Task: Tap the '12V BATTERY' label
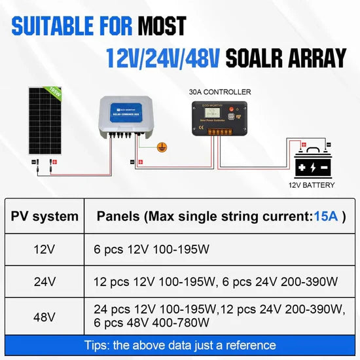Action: [x=311, y=185]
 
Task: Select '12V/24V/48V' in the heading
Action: [x=161, y=58]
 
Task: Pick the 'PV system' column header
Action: [x=45, y=217]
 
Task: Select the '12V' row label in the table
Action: [x=45, y=249]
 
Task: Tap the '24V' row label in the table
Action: [x=45, y=281]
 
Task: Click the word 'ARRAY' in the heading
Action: [x=318, y=58]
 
